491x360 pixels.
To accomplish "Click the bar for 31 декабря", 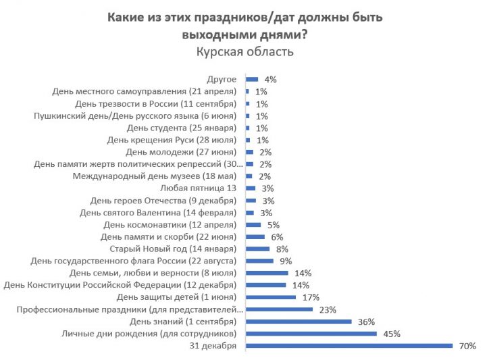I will [x=349, y=346].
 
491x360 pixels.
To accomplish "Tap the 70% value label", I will [x=468, y=346].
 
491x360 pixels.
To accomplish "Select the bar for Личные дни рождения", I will [x=311, y=334].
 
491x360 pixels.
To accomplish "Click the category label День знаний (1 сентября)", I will [x=182, y=322].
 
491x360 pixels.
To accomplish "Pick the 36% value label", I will [x=367, y=322].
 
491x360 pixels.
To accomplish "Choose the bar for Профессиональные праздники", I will [x=280, y=309].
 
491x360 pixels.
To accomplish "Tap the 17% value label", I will [x=311, y=297].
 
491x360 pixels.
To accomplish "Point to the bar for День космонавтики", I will [x=254, y=224].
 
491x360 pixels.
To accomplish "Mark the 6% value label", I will [x=276, y=236].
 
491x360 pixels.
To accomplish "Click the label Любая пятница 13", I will [x=199, y=188].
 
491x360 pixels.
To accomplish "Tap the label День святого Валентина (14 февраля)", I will [x=158, y=212].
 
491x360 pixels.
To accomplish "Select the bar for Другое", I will [x=252, y=79].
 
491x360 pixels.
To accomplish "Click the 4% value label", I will [x=270, y=79].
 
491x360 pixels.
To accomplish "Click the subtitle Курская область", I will [x=245, y=51].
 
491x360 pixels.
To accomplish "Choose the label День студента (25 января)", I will [x=181, y=128].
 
